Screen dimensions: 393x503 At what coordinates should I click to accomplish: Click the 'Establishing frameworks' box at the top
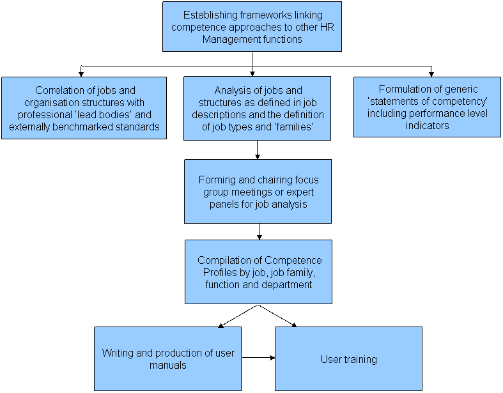pyautogui.click(x=252, y=26)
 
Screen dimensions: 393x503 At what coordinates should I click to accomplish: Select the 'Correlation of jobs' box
pyautogui.click(x=84, y=108)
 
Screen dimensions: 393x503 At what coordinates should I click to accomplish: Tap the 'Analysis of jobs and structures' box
pyautogui.click(x=257, y=108)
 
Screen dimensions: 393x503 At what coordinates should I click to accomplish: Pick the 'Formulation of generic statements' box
pyautogui.click(x=427, y=107)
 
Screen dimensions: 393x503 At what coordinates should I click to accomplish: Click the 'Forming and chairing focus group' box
pyautogui.click(x=258, y=191)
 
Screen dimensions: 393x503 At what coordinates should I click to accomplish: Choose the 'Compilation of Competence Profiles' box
pyautogui.click(x=258, y=272)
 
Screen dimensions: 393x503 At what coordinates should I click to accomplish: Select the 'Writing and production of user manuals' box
pyautogui.click(x=167, y=358)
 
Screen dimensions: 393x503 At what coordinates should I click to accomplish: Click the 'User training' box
pyautogui.click(x=348, y=358)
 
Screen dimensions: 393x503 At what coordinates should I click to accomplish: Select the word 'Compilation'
pyautogui.click(x=224, y=260)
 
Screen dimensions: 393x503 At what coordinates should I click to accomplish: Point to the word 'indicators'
pyautogui.click(x=427, y=125)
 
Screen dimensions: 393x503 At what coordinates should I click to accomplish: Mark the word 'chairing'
pyautogui.click(x=264, y=180)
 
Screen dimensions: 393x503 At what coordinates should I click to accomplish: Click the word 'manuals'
pyautogui.click(x=167, y=365)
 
